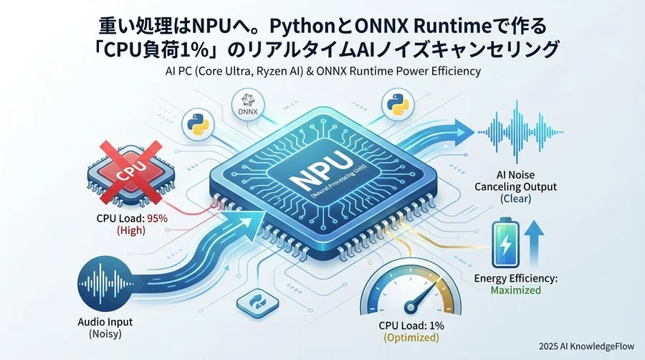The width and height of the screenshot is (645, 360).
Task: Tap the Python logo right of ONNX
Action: click(x=398, y=105)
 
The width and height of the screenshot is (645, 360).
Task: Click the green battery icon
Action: click(x=505, y=243)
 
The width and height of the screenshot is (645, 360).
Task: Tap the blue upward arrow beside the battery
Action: click(x=535, y=242)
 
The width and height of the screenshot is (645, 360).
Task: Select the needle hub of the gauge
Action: click(x=411, y=306)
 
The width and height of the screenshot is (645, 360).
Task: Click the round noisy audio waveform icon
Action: click(x=106, y=283)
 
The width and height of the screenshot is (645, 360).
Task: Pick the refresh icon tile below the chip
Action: click(x=258, y=303)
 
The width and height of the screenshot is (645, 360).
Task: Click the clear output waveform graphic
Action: click(x=520, y=133)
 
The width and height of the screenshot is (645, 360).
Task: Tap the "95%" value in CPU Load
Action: click(x=157, y=218)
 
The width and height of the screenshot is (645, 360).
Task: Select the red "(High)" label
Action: click(x=131, y=230)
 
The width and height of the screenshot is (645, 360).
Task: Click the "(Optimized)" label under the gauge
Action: click(x=411, y=337)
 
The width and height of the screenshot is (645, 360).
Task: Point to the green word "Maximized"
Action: click(x=516, y=290)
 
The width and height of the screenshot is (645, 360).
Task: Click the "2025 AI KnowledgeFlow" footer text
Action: click(x=586, y=346)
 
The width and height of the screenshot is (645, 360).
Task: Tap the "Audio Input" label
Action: click(x=105, y=322)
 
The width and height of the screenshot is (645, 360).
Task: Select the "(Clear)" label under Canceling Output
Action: click(x=516, y=199)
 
